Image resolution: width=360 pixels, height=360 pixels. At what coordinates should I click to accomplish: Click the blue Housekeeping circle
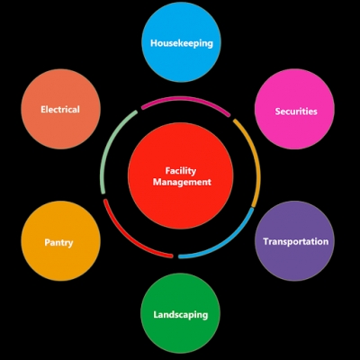(182, 42)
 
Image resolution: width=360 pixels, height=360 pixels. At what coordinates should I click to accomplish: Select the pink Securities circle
(294, 109)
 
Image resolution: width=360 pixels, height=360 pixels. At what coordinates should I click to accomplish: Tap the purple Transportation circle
(294, 241)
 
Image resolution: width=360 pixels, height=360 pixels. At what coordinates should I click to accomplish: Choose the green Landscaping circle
(181, 313)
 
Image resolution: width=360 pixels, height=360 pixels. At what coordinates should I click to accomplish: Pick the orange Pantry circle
(61, 241)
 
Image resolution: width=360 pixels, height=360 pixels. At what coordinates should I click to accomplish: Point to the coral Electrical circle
(61, 109)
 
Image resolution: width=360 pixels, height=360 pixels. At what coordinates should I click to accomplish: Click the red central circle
(181, 175)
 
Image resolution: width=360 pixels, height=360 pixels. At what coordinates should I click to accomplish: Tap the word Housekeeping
(182, 43)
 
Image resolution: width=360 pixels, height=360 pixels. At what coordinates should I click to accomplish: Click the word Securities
(296, 112)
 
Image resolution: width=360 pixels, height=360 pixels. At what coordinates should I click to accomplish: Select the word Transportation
(296, 241)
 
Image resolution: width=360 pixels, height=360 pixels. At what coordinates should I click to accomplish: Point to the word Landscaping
(181, 315)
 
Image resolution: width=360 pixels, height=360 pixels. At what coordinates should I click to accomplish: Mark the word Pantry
(58, 242)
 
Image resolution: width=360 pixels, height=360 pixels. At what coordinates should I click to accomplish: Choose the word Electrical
(60, 109)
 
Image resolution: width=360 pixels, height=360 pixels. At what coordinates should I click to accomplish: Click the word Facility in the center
(181, 171)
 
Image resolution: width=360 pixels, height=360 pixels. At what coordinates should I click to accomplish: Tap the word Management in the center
(182, 182)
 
